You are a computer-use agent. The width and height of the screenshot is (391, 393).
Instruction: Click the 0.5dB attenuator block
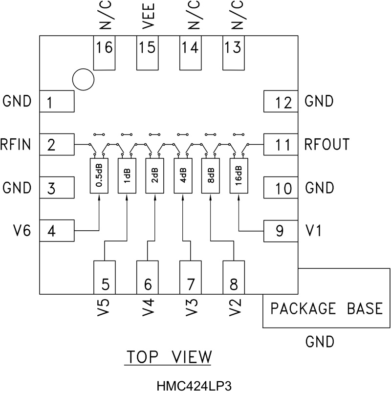(x=99, y=175)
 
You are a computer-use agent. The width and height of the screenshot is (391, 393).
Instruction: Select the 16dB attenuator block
(x=238, y=175)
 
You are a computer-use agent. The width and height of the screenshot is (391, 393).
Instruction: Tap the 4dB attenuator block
(x=182, y=175)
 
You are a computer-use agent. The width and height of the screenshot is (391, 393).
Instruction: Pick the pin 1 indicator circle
(x=83, y=79)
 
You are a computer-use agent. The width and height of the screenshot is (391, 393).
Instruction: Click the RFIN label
(x=16, y=145)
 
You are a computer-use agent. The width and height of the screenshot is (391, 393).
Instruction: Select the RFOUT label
(x=326, y=145)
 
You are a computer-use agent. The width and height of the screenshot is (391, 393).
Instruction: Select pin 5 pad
(x=105, y=277)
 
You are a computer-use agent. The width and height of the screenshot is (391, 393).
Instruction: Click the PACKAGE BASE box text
(x=326, y=309)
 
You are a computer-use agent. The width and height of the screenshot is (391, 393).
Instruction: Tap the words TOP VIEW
(x=169, y=357)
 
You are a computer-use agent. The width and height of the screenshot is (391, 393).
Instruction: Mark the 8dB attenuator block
(x=210, y=175)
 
